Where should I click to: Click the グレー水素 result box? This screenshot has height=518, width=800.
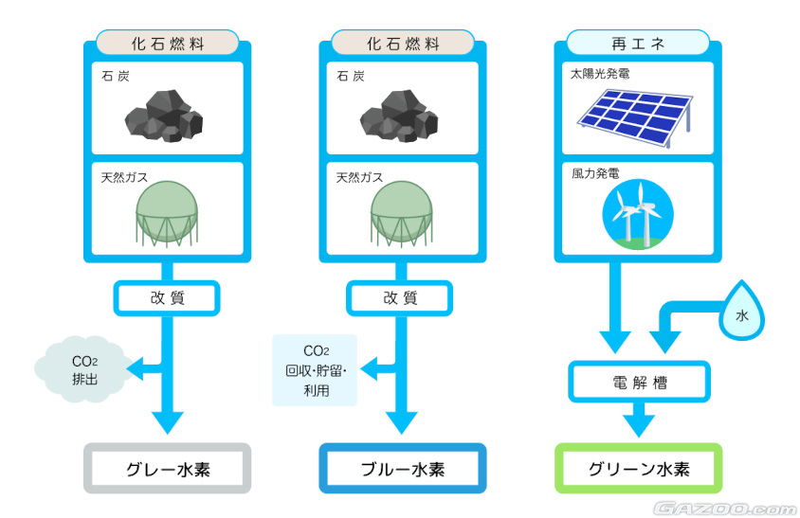pyautogui.click(x=168, y=468)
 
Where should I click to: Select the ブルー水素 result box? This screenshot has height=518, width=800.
pyautogui.click(x=403, y=468)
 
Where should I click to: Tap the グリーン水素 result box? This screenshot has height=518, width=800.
pyautogui.click(x=638, y=468)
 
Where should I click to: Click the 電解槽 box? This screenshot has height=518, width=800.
pyautogui.click(x=638, y=383)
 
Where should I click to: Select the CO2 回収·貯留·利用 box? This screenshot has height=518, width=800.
pyautogui.click(x=315, y=370)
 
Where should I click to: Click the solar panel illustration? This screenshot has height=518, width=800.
pyautogui.click(x=638, y=116)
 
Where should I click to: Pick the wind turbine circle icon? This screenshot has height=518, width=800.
pyautogui.click(x=637, y=214)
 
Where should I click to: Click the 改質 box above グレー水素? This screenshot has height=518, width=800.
pyautogui.click(x=168, y=297)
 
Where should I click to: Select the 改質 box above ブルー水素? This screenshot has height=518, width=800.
pyautogui.click(x=403, y=297)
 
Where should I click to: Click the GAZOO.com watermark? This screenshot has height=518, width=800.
pyautogui.click(x=725, y=506)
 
